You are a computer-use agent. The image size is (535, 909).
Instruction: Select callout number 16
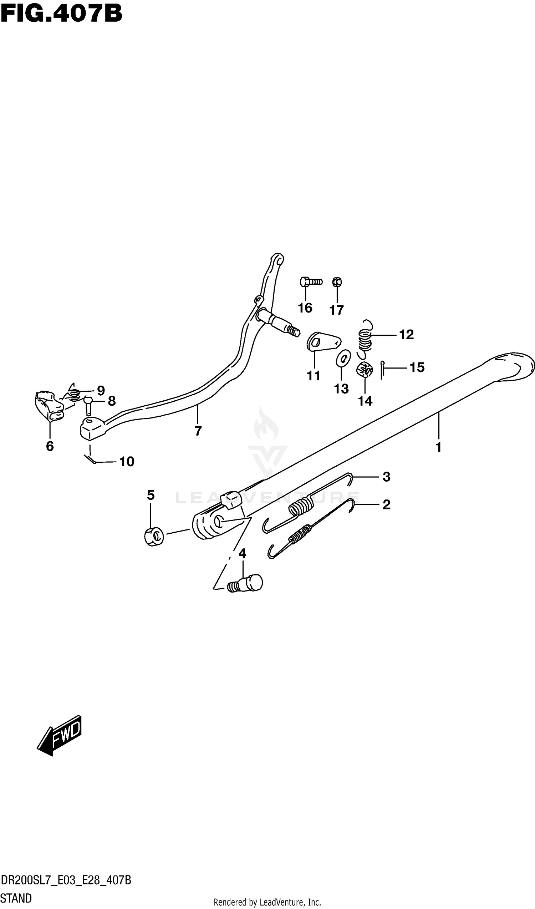pos(305,308)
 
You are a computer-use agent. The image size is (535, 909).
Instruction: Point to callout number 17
pos(336,310)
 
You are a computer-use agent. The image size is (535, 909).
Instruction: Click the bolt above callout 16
pos(310,281)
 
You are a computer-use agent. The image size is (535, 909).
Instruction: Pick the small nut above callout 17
pos(337,282)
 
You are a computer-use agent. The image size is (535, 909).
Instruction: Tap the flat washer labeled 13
pos(343,358)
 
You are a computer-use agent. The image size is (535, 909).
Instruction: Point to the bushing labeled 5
pos(154,537)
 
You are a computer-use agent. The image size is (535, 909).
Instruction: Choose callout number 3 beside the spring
pos(387,477)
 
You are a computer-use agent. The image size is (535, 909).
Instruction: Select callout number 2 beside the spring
pos(387,505)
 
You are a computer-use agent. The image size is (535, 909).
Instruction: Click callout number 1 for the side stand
pos(438,447)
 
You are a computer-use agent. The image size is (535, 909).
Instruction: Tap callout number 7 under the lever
pos(198,431)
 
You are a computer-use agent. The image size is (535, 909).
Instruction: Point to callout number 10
pos(127,462)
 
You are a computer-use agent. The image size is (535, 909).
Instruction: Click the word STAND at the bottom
pos(16,898)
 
